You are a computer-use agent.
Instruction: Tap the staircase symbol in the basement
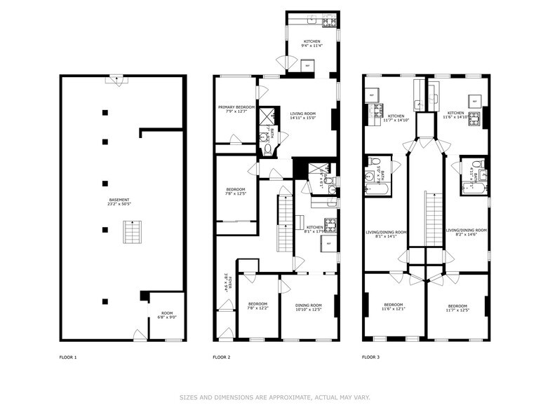tap(130, 231)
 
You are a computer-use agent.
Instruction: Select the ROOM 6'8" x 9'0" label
tap(166, 315)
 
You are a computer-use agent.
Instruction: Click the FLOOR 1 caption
tap(68, 357)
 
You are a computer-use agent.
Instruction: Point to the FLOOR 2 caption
tap(221, 357)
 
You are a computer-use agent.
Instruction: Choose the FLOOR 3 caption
tap(370, 357)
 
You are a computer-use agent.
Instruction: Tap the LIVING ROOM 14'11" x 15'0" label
tap(303, 116)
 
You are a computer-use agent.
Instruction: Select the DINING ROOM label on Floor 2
tap(308, 307)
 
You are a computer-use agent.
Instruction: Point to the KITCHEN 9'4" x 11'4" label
tap(312, 44)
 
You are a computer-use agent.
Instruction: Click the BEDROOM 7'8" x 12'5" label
tap(235, 191)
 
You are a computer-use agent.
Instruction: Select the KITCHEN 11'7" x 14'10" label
tap(396, 118)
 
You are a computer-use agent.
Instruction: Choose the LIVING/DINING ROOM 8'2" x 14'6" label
tap(466, 232)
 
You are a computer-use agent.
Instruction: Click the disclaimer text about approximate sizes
tap(274, 397)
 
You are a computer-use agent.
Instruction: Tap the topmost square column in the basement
tap(105, 112)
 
